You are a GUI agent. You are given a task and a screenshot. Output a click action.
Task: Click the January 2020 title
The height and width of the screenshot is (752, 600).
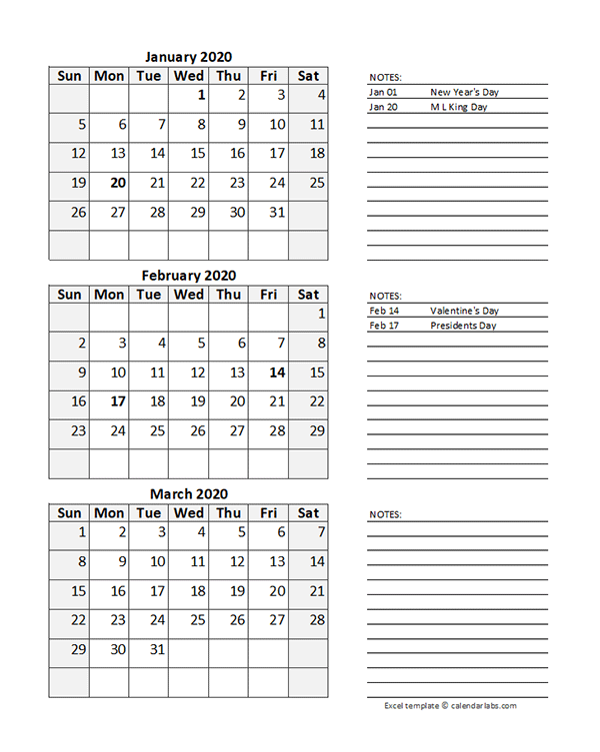pos(188,57)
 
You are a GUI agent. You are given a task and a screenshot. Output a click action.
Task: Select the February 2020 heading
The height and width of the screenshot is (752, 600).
pos(188,276)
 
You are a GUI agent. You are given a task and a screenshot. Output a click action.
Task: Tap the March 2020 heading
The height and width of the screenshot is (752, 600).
pos(188,493)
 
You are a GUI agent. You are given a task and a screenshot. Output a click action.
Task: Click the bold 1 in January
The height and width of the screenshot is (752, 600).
pos(201,96)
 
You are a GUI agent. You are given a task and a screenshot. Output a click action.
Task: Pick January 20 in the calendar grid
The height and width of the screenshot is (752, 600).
pos(118,183)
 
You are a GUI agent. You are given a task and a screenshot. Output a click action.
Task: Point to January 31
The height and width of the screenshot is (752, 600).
pos(277,212)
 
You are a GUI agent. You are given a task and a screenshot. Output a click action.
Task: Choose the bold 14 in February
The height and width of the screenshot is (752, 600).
pos(277,373)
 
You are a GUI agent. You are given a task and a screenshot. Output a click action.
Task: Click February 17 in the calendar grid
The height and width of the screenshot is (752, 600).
pos(118,401)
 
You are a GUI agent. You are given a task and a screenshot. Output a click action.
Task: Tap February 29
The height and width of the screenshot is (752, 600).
pos(317,430)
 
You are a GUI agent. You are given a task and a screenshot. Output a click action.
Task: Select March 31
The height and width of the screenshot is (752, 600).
pos(157,648)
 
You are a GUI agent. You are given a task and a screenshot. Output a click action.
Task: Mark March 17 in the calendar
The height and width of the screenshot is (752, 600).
pos(157,590)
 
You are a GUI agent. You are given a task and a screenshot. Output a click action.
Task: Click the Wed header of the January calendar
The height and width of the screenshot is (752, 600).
pos(188,76)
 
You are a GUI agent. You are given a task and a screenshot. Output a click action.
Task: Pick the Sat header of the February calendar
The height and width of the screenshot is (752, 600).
pos(308,295)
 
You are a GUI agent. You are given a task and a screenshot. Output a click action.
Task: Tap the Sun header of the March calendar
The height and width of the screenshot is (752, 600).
pos(69,513)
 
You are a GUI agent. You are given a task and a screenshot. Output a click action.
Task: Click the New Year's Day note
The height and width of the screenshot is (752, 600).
pos(464,92)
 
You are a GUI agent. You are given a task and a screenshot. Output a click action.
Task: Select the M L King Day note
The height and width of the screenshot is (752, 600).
pos(459,107)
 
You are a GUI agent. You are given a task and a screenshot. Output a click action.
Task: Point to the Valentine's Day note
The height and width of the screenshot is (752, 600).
pos(464,311)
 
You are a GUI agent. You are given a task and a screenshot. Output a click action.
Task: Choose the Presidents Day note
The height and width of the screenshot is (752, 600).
pos(463,326)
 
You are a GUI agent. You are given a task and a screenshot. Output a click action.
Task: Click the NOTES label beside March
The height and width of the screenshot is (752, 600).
pos(385,515)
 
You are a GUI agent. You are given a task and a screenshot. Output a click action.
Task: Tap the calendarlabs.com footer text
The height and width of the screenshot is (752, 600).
pos(450,705)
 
